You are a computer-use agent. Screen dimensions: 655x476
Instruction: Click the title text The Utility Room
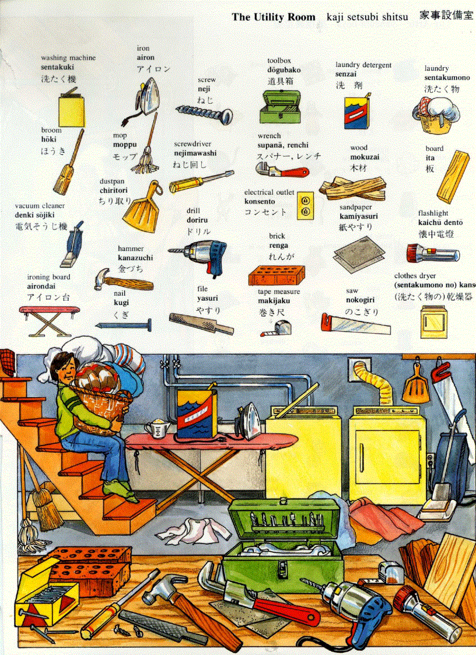click(273, 17)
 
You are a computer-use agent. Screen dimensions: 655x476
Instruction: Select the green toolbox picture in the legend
click(283, 106)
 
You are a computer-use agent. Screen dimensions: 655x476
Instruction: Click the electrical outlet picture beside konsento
click(304, 205)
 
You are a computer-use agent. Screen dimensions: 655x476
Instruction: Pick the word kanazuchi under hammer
click(135, 258)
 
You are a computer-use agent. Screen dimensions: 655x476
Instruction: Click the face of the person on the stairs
click(64, 370)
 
